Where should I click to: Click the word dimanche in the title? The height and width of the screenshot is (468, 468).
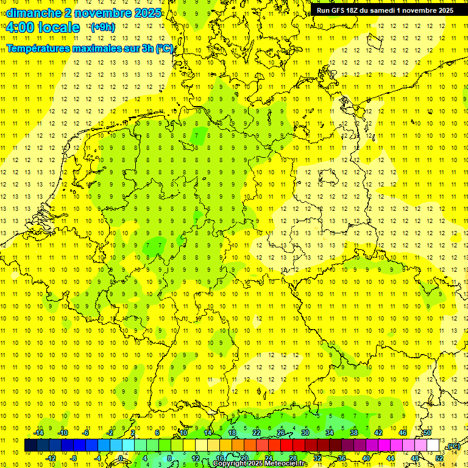(34, 13)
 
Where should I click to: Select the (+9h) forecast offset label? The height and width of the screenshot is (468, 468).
(102, 27)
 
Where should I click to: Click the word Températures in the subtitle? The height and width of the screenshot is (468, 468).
(39, 48)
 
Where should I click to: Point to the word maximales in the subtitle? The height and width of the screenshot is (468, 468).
(99, 48)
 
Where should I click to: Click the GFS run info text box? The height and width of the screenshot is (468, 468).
(385, 10)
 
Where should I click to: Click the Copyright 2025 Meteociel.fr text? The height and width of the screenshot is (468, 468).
(260, 464)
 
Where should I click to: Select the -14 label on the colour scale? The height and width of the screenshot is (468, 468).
(39, 433)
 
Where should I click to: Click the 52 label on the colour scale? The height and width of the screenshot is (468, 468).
(439, 458)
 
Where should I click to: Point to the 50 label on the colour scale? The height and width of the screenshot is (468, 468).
(427, 433)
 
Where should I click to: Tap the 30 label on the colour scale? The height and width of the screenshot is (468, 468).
(305, 433)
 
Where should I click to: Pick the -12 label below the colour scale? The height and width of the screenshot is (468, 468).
(51, 458)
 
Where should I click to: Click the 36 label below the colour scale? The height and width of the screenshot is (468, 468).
(342, 458)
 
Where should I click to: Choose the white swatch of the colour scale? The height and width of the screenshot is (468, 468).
(433, 445)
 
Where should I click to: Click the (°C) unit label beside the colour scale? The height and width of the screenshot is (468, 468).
(453, 446)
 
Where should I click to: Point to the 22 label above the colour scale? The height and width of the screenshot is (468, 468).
(256, 433)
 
